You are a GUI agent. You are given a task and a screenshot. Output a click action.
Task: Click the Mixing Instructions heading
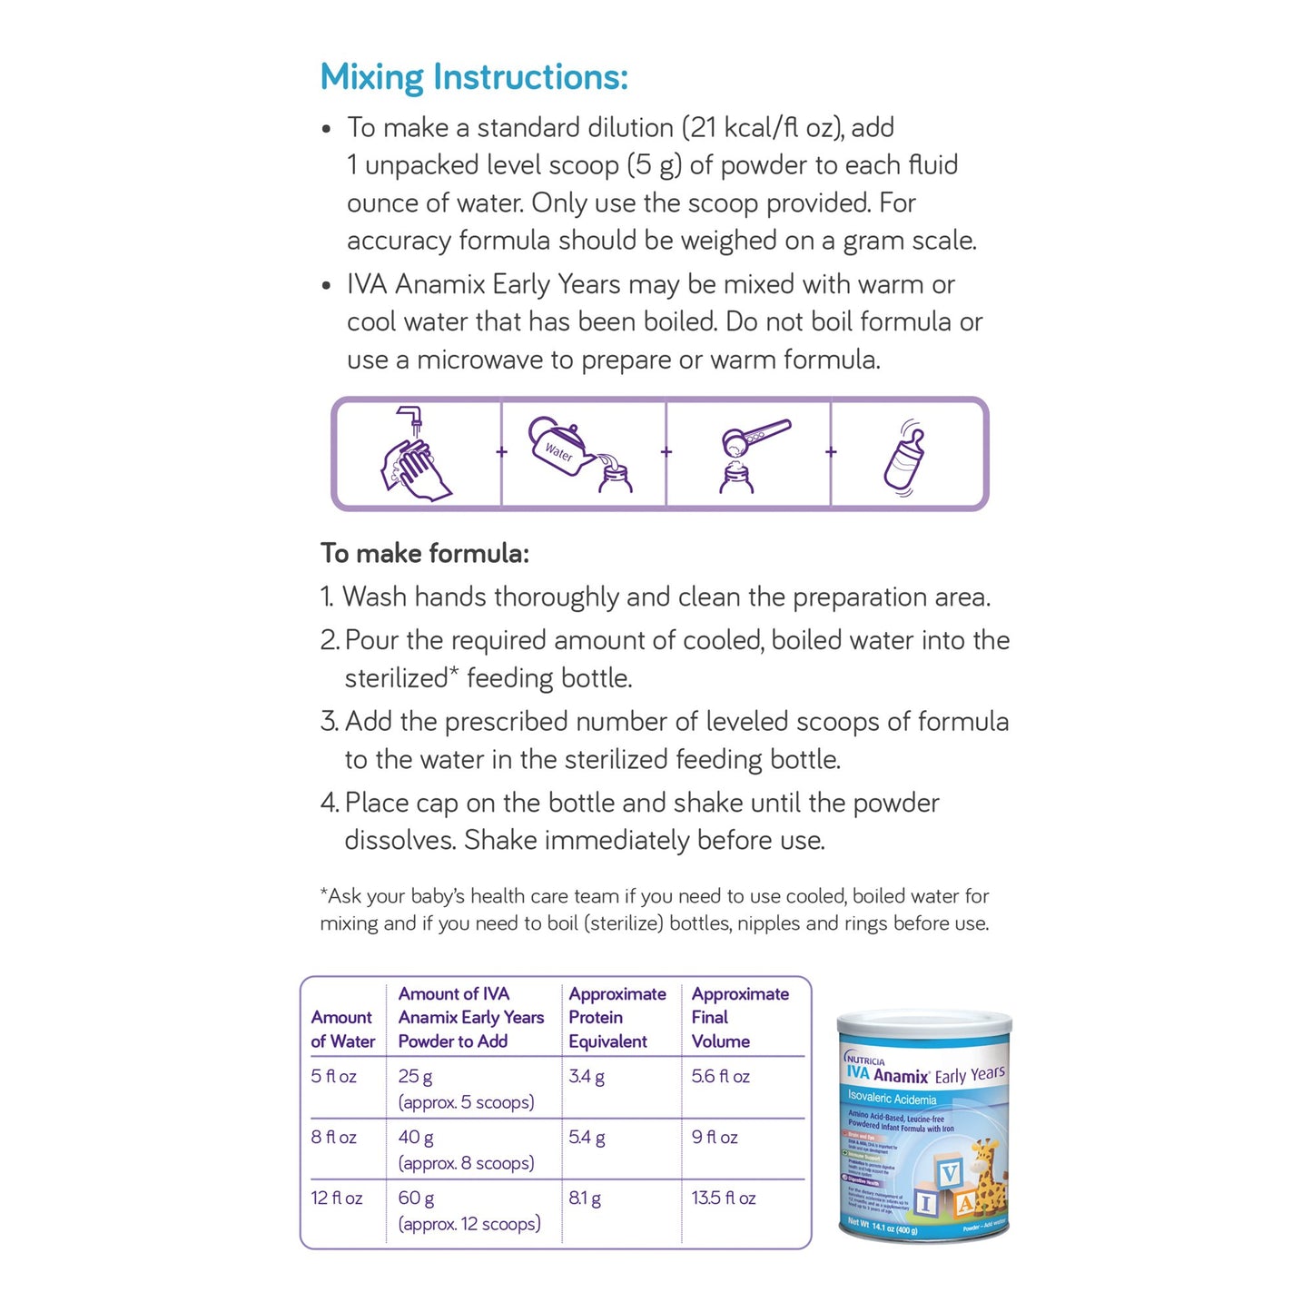point(473,77)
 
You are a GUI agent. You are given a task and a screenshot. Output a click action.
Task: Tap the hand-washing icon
point(415,454)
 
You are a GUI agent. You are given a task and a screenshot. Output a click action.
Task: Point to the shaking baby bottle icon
point(905,457)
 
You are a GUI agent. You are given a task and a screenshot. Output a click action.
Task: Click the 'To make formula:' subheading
point(424,553)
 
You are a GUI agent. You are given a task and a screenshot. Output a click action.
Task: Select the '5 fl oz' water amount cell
point(333,1077)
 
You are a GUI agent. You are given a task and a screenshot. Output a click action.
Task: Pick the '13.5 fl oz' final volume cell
point(723,1199)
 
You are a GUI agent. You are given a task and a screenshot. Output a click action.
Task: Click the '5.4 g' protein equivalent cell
point(587,1138)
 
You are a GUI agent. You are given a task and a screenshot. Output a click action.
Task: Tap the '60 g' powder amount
point(416,1199)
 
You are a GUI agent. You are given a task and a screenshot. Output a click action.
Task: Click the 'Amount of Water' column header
point(342,1030)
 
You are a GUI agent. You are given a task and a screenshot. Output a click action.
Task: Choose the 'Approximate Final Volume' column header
point(739,1018)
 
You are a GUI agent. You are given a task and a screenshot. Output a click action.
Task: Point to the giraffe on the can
point(987,1178)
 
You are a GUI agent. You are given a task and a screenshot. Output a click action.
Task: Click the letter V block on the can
point(949,1174)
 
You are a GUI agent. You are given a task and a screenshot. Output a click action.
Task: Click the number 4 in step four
point(328,804)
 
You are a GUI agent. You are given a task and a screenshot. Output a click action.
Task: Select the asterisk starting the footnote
point(323,895)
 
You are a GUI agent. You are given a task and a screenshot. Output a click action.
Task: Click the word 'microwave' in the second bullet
point(494,360)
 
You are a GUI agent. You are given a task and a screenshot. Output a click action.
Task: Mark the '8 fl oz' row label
point(333,1138)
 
